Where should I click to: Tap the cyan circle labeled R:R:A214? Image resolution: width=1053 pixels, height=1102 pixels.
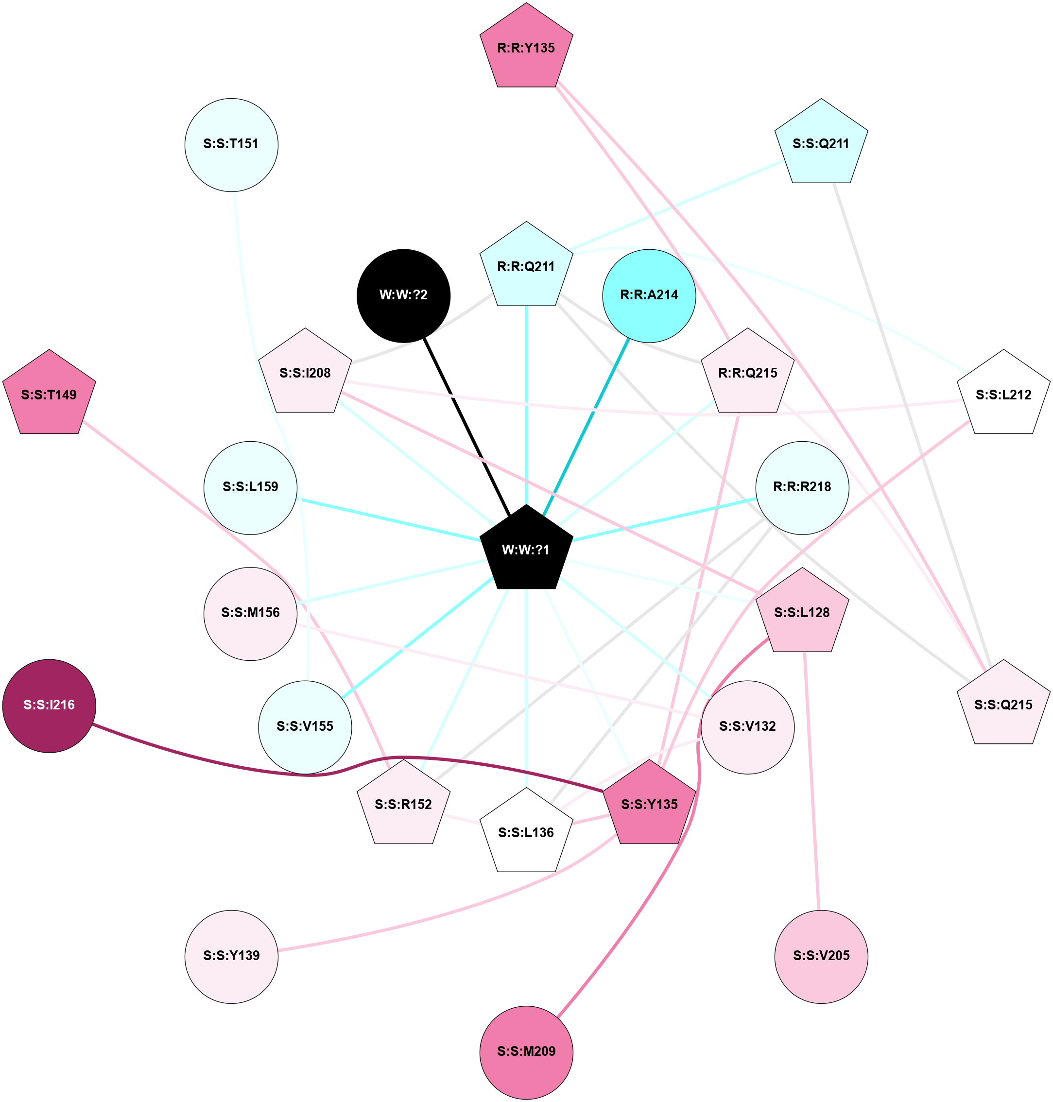tap(649, 295)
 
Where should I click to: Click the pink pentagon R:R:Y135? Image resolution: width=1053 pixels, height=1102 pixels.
tap(526, 48)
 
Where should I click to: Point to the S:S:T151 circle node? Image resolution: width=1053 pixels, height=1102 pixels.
tap(231, 144)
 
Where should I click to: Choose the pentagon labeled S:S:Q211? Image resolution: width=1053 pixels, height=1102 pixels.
tap(821, 144)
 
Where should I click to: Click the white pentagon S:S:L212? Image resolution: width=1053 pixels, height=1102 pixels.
tap(1003, 395)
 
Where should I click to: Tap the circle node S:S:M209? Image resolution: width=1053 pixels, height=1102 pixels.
tap(526, 1051)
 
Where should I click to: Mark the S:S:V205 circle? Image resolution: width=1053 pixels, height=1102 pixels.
tap(821, 955)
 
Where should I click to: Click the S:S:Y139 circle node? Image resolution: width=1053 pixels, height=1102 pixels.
tap(231, 955)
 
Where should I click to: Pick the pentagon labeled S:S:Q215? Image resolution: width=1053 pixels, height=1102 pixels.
tap(1003, 705)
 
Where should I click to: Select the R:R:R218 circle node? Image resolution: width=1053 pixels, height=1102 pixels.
tap(802, 487)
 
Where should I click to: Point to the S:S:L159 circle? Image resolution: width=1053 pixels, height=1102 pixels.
tap(250, 487)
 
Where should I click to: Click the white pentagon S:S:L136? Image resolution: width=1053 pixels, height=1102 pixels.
tap(526, 832)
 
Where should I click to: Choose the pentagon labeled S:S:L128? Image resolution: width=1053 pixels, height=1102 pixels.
tap(802, 613)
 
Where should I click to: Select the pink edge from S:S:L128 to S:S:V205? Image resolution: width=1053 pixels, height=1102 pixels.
tap(811, 780)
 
